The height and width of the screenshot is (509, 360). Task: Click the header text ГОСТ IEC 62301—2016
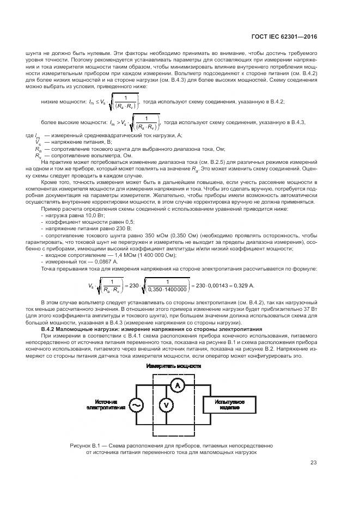pyautogui.click(x=291, y=37)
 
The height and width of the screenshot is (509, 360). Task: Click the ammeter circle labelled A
pyautogui.click(x=175, y=384)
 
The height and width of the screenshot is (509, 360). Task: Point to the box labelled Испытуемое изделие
pyautogui.click(x=228, y=404)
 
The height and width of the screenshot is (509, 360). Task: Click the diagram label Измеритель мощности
pyautogui.click(x=173, y=366)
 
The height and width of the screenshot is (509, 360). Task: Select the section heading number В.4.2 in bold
pyautogui.click(x=51, y=329)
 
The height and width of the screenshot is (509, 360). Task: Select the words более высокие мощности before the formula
pyautogui.click(x=72, y=122)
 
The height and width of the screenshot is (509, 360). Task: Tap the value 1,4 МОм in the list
pyautogui.click(x=112, y=255)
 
